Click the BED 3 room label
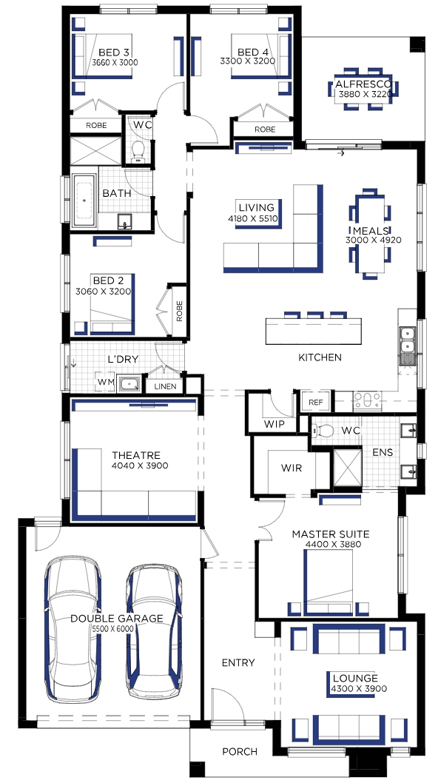(114, 53)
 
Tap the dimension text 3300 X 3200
(248, 61)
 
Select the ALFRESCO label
(363, 84)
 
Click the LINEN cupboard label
(165, 386)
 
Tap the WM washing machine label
(105, 382)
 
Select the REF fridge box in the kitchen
(316, 402)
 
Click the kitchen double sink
(408, 339)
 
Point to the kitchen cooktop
(368, 400)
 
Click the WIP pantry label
(275, 425)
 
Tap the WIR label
(292, 468)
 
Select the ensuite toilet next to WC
(324, 429)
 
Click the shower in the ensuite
(347, 468)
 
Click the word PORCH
(240, 751)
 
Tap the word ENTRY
(238, 662)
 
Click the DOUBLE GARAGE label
(116, 619)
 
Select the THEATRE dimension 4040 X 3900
(140, 466)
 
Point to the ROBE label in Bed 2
(179, 311)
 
